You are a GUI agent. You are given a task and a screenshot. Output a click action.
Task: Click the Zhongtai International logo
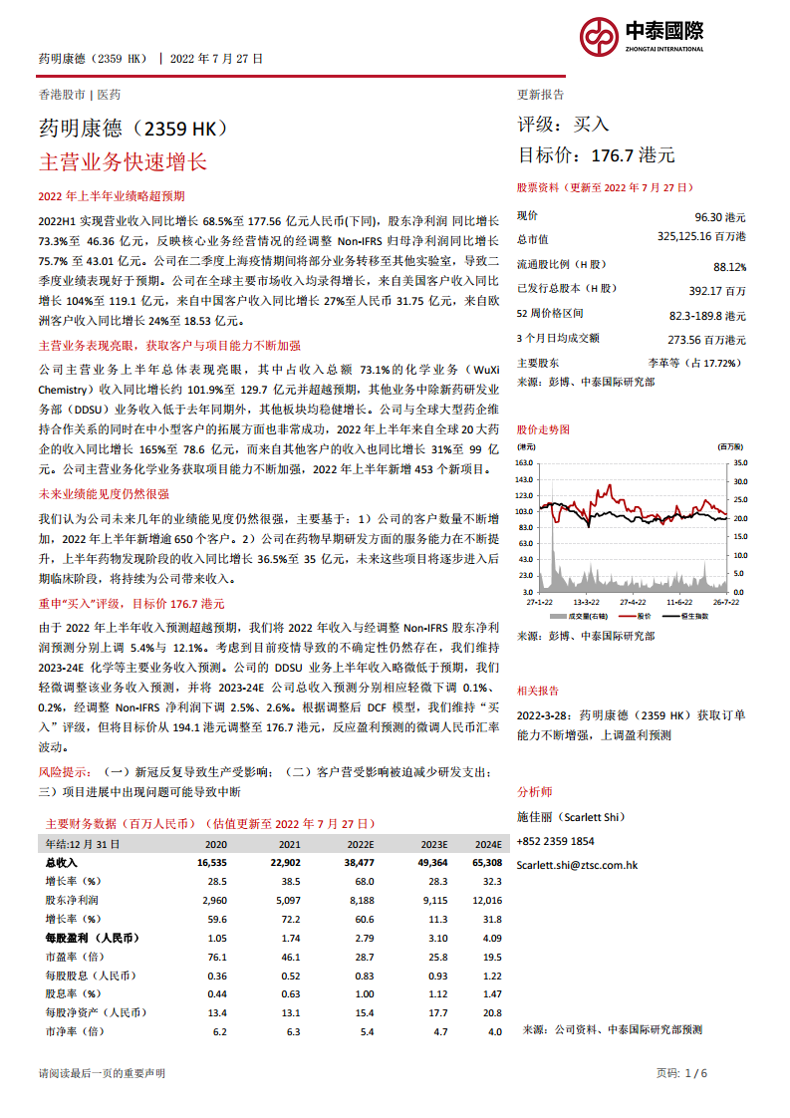click(x=642, y=38)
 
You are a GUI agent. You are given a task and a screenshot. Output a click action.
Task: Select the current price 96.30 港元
click(x=719, y=216)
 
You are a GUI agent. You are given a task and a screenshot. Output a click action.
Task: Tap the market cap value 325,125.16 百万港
click(x=701, y=237)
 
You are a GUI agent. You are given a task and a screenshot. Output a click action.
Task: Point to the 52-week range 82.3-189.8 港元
click(x=707, y=315)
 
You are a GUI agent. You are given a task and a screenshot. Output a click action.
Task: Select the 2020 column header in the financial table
click(x=215, y=843)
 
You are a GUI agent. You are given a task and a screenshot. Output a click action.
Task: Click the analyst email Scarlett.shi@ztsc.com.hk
click(x=577, y=866)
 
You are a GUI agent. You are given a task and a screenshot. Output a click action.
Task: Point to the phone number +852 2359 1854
click(x=555, y=841)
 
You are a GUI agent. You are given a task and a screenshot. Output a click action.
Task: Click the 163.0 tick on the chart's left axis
click(x=525, y=463)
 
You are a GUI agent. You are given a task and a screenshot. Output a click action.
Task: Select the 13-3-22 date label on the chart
click(x=586, y=602)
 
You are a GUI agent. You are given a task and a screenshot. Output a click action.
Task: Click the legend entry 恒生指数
click(x=694, y=616)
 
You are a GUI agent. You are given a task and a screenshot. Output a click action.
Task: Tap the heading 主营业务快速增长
click(x=122, y=161)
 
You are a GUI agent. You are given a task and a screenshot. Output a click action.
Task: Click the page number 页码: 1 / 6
click(x=681, y=1073)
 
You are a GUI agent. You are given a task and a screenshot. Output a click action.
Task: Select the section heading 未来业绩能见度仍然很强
click(x=103, y=493)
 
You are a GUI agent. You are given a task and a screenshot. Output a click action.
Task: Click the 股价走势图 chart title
click(x=543, y=428)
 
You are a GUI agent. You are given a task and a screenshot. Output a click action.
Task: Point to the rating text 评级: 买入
click(x=563, y=125)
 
